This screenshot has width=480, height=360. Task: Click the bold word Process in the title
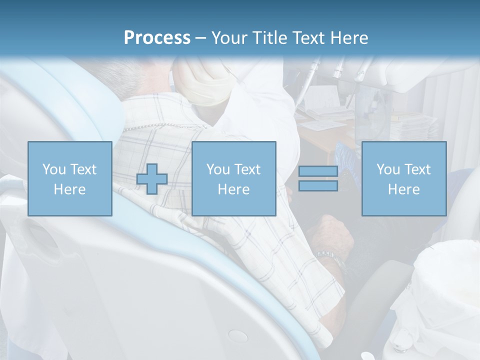(157, 38)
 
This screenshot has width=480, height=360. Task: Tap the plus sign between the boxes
(152, 179)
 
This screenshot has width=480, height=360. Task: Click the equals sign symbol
(318, 178)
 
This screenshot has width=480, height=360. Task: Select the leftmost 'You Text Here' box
(69, 178)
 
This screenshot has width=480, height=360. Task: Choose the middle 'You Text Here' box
(233, 178)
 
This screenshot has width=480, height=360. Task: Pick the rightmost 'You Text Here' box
(403, 178)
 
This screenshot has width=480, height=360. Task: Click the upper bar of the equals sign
(318, 171)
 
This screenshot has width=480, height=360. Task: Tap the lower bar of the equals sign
(318, 186)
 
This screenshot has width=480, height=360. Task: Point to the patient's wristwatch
(330, 257)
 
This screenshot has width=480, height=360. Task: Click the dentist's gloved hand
(202, 82)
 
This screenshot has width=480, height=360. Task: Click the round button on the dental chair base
(238, 335)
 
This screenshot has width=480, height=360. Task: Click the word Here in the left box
(69, 189)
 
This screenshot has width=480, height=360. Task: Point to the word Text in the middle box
(247, 169)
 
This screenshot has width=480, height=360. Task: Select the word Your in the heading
(230, 38)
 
